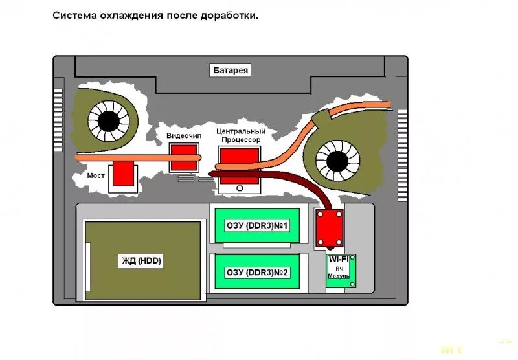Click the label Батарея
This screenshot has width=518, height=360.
[231, 71]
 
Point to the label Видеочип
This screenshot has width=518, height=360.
[184, 135]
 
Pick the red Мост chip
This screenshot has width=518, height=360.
[123, 173]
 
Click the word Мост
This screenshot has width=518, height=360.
[96, 175]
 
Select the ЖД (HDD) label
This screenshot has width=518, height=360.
[141, 261]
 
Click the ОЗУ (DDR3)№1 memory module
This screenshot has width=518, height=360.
[256, 225]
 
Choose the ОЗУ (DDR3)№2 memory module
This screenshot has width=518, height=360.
[256, 273]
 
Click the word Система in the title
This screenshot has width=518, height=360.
[73, 16]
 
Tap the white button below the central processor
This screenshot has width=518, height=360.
[239, 188]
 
